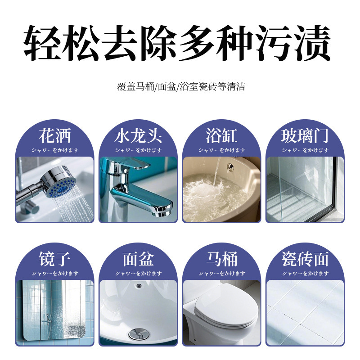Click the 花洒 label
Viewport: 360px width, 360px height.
click(55, 135)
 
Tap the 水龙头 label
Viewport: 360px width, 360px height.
click(138, 135)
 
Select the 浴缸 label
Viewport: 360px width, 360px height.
click(221, 135)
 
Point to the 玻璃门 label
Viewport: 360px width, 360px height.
click(305, 135)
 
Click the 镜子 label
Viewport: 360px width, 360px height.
click(55, 259)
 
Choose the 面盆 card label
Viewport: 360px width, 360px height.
click(138, 259)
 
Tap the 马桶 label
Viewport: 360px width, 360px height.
click(221, 259)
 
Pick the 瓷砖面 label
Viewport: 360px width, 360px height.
click(305, 259)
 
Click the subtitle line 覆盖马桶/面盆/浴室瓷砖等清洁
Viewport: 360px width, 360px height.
click(180, 87)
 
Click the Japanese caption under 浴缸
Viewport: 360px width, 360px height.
click(221, 150)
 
